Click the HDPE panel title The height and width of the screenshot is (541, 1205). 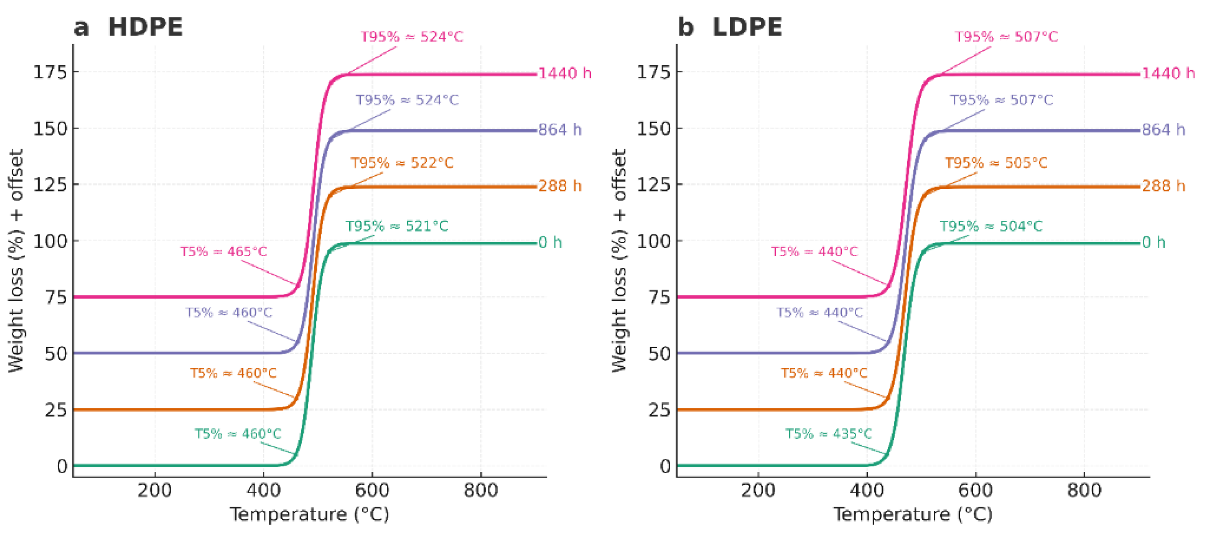(145, 27)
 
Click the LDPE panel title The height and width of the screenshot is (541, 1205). (747, 27)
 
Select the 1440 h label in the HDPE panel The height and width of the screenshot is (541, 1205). (564, 73)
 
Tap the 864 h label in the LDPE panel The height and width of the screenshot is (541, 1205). (1164, 130)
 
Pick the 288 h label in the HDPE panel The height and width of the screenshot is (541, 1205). (560, 186)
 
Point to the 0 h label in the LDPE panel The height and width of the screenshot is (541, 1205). (1154, 242)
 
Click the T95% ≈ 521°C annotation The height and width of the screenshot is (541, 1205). (397, 226)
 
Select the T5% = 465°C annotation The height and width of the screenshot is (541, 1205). (223, 251)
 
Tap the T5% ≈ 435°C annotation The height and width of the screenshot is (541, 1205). (828, 434)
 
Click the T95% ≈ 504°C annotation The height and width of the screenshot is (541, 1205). (991, 226)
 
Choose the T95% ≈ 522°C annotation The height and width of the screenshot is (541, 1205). (402, 163)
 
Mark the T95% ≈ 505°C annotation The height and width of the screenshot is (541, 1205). (996, 163)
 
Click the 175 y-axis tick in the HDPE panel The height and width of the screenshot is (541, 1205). (50, 72)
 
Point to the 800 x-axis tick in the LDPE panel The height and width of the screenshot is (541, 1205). (1084, 490)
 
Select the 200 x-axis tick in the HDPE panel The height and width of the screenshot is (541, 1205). (154, 490)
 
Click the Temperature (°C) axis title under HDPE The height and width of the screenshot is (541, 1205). (309, 514)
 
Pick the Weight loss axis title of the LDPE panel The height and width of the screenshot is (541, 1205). (619, 261)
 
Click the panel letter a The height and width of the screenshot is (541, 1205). (81, 27)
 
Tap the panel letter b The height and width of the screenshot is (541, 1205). (686, 27)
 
